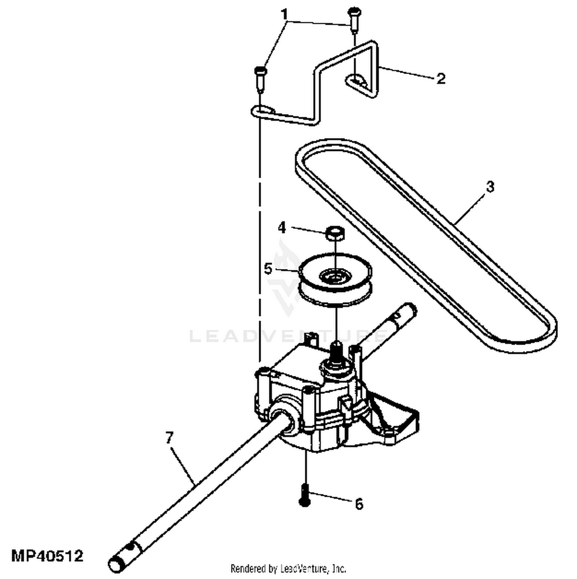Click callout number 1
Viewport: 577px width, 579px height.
coord(284,15)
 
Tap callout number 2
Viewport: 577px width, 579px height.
coord(441,78)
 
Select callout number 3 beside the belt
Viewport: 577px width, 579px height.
coord(489,187)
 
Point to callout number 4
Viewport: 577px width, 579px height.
coord(282,228)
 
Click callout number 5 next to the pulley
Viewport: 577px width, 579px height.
coord(268,269)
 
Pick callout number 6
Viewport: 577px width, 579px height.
coord(359,504)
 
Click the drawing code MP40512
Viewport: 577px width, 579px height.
coord(47,556)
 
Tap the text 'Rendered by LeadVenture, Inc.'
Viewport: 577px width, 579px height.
coord(288,568)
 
